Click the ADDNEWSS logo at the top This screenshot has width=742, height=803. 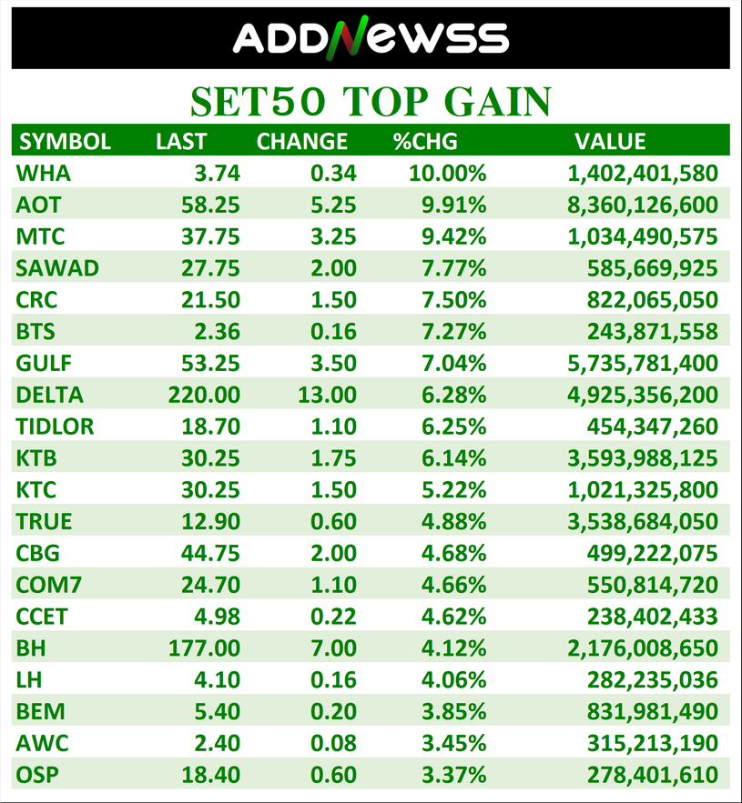click(371, 38)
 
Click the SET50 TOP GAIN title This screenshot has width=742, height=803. click(371, 101)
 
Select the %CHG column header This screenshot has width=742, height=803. click(424, 141)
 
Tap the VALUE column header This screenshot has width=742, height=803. click(609, 141)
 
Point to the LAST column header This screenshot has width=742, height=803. click(181, 141)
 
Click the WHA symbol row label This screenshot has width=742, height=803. click(43, 173)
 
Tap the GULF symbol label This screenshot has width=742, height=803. click(44, 363)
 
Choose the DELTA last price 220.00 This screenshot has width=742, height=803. click(204, 395)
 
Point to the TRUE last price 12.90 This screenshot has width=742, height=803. click(210, 521)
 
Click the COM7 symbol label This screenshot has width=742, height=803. click(44, 585)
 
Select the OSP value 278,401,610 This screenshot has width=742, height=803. click(645, 776)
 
